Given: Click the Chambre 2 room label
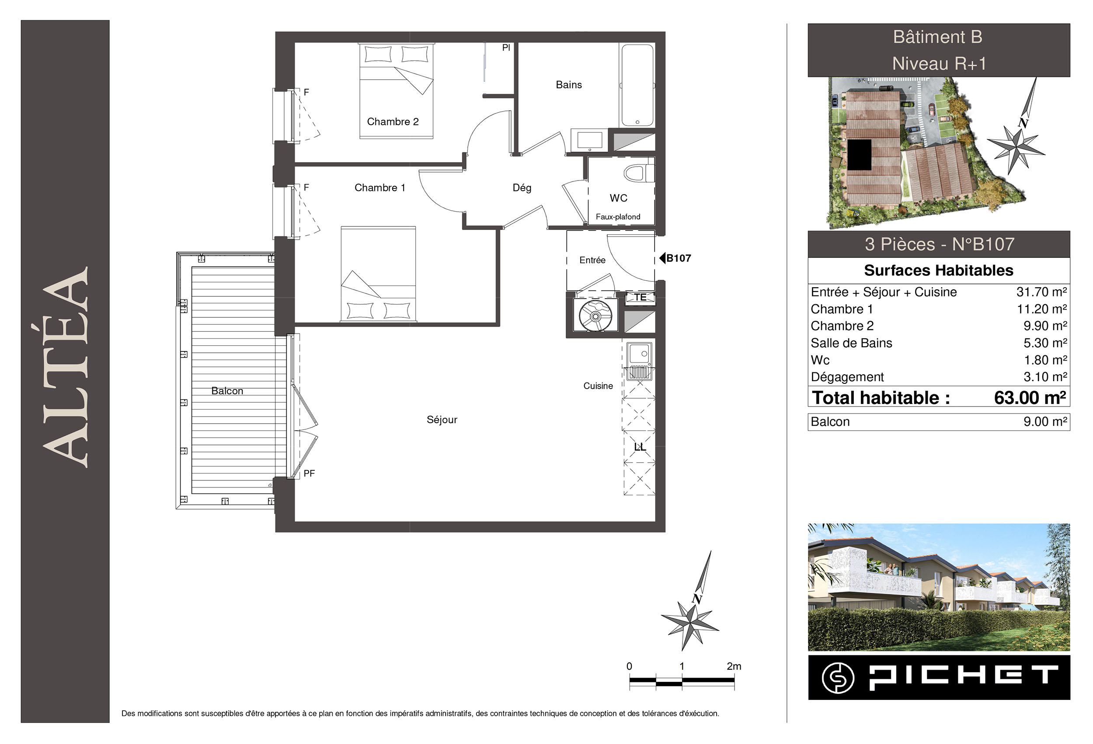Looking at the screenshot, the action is (393, 122).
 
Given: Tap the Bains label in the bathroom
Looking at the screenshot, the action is (569, 85).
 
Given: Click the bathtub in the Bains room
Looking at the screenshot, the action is (637, 85).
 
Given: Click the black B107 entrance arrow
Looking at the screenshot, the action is (662, 258).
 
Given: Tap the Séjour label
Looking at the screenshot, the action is (442, 420).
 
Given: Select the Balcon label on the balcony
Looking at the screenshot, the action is (227, 391).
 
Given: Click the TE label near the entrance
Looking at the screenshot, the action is (640, 297).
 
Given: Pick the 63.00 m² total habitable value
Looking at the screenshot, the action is (1030, 398).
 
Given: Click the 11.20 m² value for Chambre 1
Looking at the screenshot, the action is (1042, 309).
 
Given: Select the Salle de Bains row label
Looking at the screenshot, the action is (851, 343).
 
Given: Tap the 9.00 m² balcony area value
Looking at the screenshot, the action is (1045, 421).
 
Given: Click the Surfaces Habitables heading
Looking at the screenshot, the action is (938, 271).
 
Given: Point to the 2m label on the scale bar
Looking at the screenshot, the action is (734, 666).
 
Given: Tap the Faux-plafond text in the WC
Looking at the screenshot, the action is (618, 217).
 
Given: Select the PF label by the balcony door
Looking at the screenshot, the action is (309, 473).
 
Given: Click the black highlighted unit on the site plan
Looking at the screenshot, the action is (859, 156).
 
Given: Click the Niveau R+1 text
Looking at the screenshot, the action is (939, 63).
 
